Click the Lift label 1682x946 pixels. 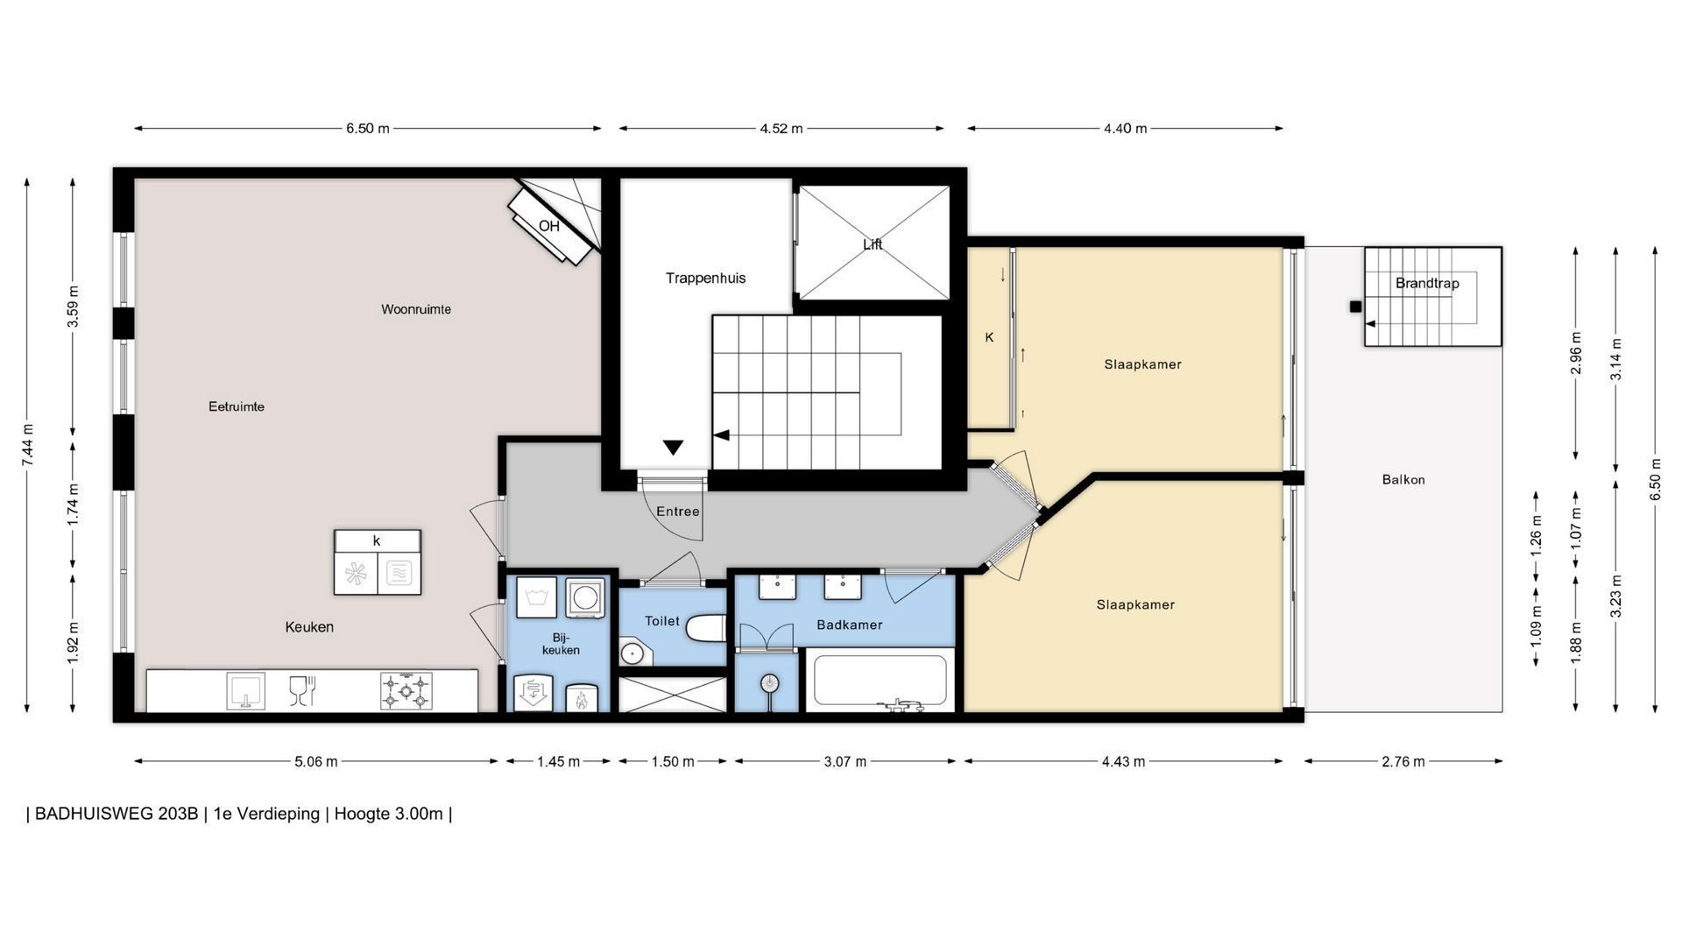(x=873, y=244)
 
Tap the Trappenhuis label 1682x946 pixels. (x=705, y=278)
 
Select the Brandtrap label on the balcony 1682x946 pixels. (x=1427, y=283)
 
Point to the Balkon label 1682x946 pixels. (x=1403, y=479)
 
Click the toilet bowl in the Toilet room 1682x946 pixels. (x=706, y=627)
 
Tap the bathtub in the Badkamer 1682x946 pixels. (x=880, y=681)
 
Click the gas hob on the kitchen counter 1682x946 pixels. (x=406, y=690)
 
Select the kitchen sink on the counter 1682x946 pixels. (x=245, y=690)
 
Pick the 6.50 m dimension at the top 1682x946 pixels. (x=368, y=128)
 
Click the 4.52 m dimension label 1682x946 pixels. (x=781, y=128)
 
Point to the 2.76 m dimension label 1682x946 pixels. (x=1403, y=761)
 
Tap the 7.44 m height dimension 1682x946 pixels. (x=28, y=446)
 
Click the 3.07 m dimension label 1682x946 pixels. (x=845, y=761)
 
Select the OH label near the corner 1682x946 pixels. (x=549, y=226)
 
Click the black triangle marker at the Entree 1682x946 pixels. (x=673, y=448)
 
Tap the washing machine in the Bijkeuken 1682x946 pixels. (x=584, y=597)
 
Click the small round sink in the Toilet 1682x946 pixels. (x=631, y=653)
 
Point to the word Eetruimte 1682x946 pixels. (x=237, y=406)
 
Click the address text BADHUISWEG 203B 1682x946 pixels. (x=117, y=814)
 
